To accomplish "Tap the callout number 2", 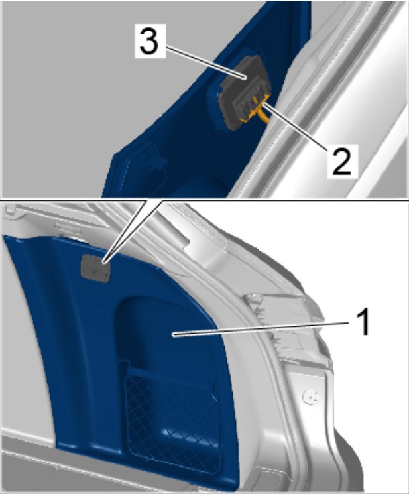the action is [341, 160].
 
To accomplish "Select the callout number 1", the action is [363, 322].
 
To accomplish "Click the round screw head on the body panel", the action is [311, 398].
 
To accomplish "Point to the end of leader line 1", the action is [173, 334].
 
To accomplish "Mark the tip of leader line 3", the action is [245, 77].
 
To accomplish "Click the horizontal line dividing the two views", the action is [204, 200].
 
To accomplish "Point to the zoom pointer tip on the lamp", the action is [104, 261].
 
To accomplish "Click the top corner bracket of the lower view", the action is [9, 208].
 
